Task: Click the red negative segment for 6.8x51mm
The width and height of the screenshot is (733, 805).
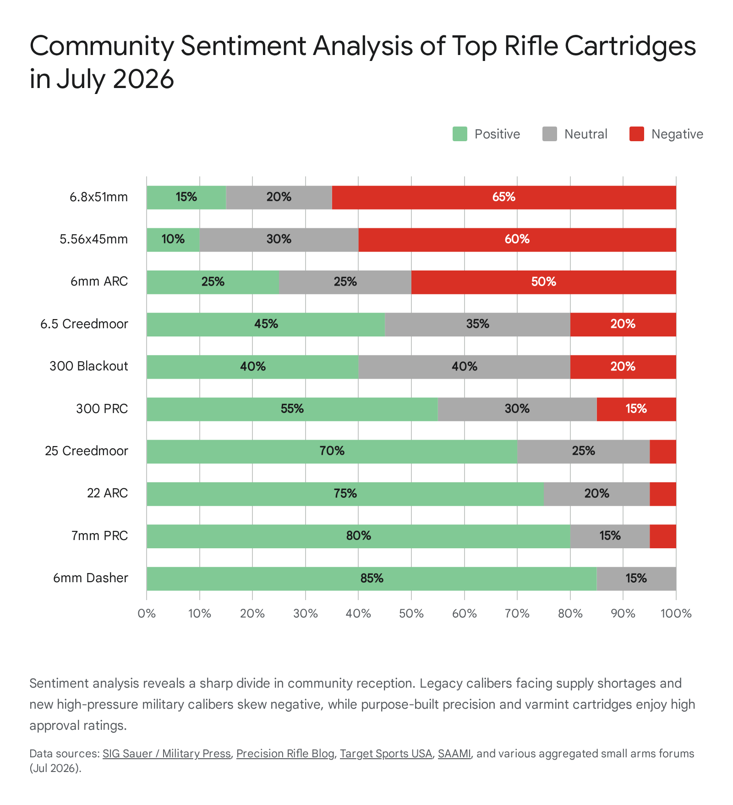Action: (x=504, y=198)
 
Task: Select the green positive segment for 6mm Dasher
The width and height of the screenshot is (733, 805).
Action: (x=372, y=579)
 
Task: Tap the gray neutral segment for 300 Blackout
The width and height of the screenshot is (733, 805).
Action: (x=464, y=367)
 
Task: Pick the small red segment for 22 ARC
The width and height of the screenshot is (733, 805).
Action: (x=663, y=494)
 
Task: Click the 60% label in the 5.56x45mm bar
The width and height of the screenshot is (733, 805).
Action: (x=517, y=239)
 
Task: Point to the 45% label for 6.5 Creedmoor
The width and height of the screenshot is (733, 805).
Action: (x=266, y=324)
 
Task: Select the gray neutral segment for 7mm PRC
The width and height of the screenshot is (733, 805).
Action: (x=610, y=536)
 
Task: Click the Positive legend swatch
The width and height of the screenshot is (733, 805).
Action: (x=460, y=134)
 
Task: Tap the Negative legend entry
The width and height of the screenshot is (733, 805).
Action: (x=666, y=134)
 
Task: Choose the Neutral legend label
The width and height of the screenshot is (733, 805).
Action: (x=586, y=134)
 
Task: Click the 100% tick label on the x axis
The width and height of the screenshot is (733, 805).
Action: (x=676, y=614)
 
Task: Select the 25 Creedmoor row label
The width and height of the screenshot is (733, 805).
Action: (x=87, y=451)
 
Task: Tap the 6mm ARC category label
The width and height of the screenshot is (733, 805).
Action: (x=99, y=281)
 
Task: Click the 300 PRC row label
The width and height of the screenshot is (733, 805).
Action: (x=102, y=409)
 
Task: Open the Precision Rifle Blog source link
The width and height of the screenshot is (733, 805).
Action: (x=285, y=754)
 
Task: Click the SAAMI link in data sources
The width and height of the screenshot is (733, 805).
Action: (x=454, y=754)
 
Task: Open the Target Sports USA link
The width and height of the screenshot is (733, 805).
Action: (x=386, y=754)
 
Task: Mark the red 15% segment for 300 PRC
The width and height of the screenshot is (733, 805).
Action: (x=636, y=409)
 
